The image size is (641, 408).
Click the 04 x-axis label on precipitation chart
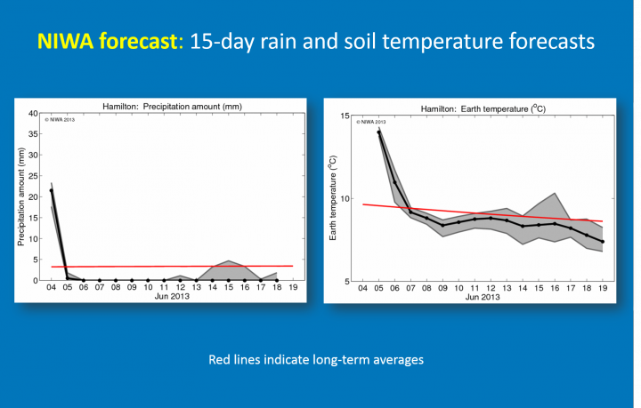click(51, 288)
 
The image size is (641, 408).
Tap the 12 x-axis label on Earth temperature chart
click(491, 289)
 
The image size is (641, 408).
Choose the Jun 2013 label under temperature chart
click(482, 297)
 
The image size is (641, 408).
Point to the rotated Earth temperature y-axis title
click(333, 198)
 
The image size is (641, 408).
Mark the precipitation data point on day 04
click(51, 190)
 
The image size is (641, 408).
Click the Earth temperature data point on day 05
click(378, 132)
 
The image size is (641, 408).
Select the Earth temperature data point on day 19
click(604, 242)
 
